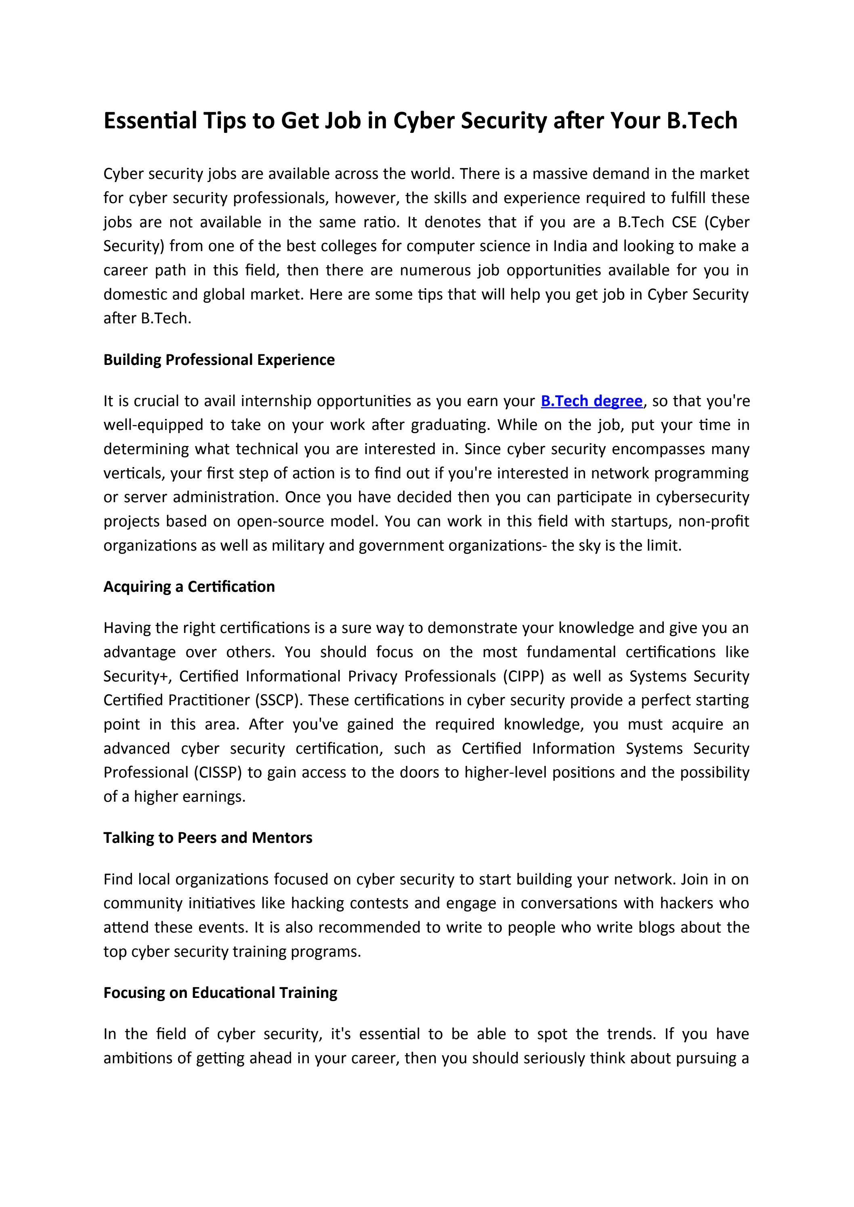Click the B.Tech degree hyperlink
pyautogui.click(x=592, y=401)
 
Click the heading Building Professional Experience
pyautogui.click(x=219, y=360)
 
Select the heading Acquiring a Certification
pyautogui.click(x=189, y=587)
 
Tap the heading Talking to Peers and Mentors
pyautogui.click(x=208, y=838)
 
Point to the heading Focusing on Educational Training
pyautogui.click(x=220, y=993)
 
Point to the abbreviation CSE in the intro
pyautogui.click(x=684, y=222)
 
